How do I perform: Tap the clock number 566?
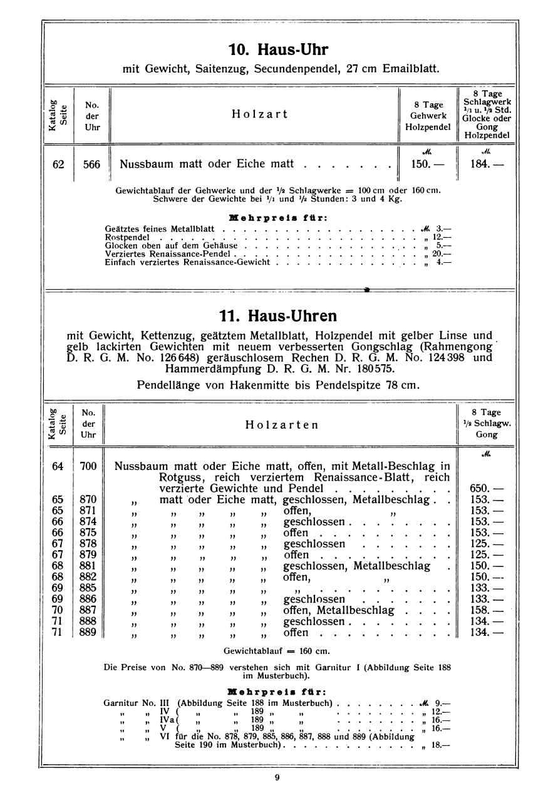[91, 165]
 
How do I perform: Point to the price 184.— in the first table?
[486, 165]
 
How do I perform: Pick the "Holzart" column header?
[259, 114]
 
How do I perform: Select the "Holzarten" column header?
[281, 425]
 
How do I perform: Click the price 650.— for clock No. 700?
[486, 488]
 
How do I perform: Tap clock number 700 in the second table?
[88, 466]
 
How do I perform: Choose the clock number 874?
[88, 521]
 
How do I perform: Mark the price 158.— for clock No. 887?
[486, 610]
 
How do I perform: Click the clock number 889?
[88, 632]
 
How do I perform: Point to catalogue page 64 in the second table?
[58, 466]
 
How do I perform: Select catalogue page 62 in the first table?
[58, 165]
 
